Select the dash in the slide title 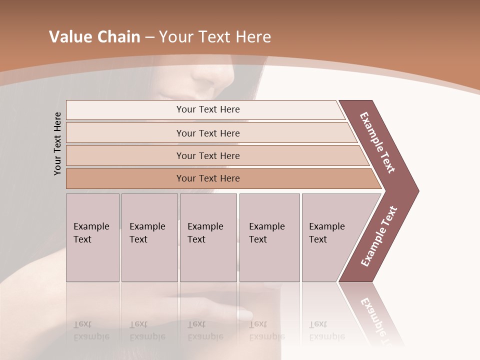pyautogui.click(x=149, y=37)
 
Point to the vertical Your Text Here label pyautogui.click(x=57, y=143)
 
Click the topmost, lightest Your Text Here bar pyautogui.click(x=207, y=109)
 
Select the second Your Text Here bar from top pyautogui.click(x=207, y=133)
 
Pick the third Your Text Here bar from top pyautogui.click(x=207, y=155)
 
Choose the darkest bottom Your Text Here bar pyautogui.click(x=207, y=178)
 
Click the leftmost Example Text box pyautogui.click(x=92, y=237)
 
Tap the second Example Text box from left pyautogui.click(x=149, y=237)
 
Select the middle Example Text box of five pyautogui.click(x=208, y=237)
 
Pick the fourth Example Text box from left pyautogui.click(x=269, y=237)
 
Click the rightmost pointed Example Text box pyautogui.click(x=330, y=237)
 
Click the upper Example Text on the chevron pyautogui.click(x=377, y=142)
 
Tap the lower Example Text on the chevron pyautogui.click(x=379, y=236)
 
